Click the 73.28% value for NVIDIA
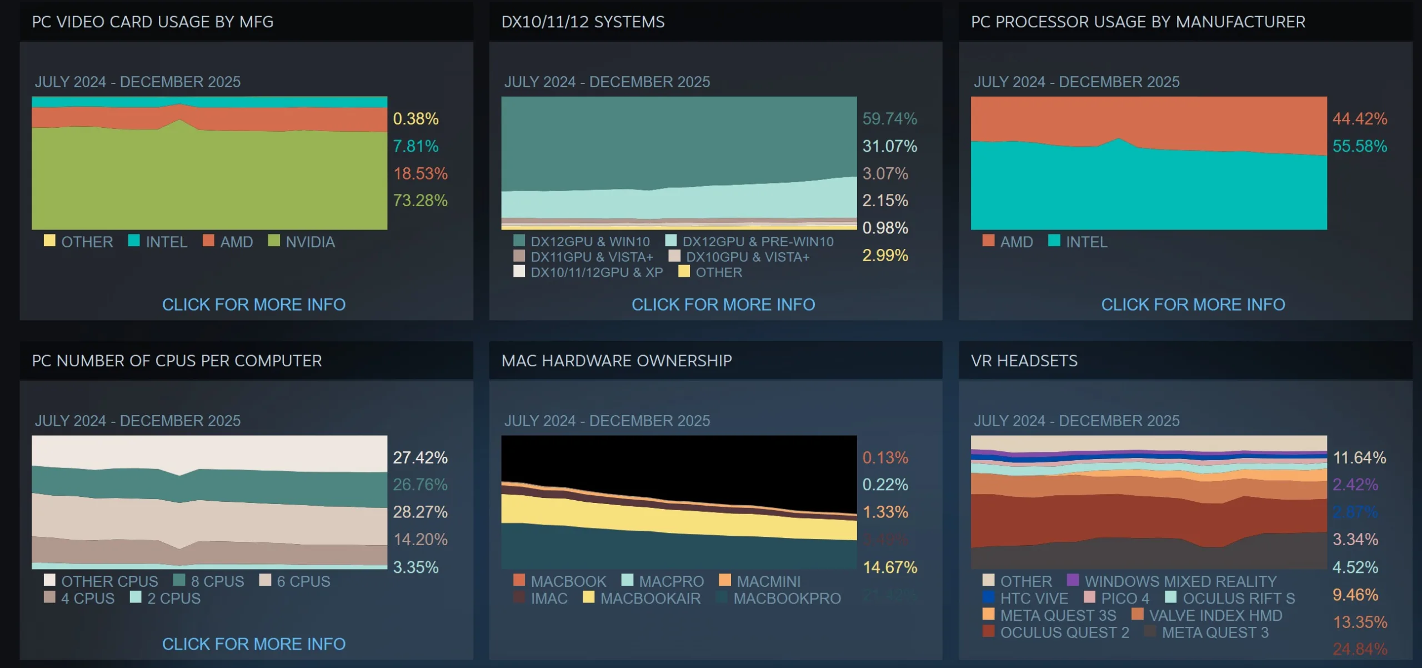[x=420, y=201]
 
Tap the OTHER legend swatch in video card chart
[x=49, y=241]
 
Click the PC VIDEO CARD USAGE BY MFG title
[x=153, y=22]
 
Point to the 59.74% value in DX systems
[x=889, y=119]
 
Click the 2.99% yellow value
[x=885, y=256]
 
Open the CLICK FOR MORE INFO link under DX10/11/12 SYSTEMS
[x=723, y=305]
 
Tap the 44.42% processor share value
[x=1359, y=119]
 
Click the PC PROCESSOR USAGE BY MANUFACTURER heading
[x=1138, y=22]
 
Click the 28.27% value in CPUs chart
[x=420, y=512]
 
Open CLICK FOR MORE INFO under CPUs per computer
[x=254, y=644]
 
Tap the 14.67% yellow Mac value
[x=889, y=567]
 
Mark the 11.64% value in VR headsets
[x=1359, y=458]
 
